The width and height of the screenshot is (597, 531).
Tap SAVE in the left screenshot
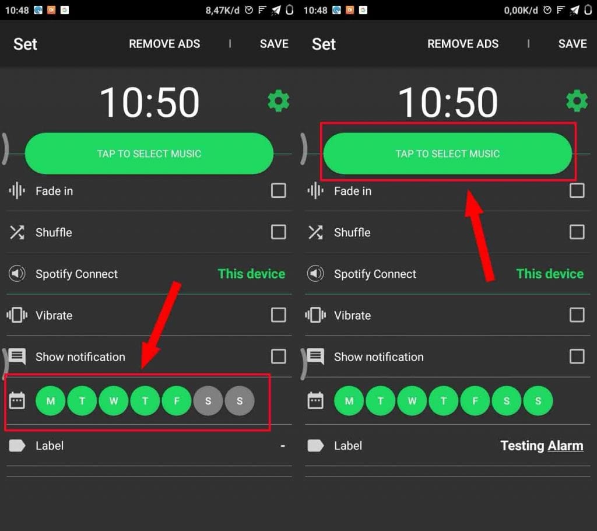point(274,44)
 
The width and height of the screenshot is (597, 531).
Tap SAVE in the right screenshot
point(573,44)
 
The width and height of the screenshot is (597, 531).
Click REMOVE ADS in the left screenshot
point(164,44)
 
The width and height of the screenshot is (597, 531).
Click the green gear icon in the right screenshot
point(577,101)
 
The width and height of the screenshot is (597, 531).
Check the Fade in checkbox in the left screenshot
point(278,191)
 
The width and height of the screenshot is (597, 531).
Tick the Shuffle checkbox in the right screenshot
point(577,232)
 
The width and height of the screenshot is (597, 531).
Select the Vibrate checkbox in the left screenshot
point(278,315)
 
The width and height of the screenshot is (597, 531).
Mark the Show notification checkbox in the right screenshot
point(577,357)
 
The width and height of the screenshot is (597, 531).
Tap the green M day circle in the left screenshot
point(50,401)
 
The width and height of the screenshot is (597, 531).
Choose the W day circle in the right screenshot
point(412,401)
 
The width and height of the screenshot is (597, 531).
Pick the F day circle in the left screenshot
point(177,401)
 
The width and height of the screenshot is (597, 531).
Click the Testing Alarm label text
point(542,446)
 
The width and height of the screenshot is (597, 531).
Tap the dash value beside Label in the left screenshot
point(283,446)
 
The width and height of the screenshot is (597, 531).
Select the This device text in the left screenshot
point(251,274)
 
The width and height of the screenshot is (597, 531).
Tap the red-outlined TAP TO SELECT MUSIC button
point(448,153)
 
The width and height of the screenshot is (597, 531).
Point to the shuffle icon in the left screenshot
point(17,232)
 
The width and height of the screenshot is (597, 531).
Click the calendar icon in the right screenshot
point(315,401)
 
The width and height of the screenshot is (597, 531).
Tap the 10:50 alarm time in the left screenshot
point(149,102)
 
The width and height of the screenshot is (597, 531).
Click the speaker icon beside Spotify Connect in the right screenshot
point(315,274)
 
